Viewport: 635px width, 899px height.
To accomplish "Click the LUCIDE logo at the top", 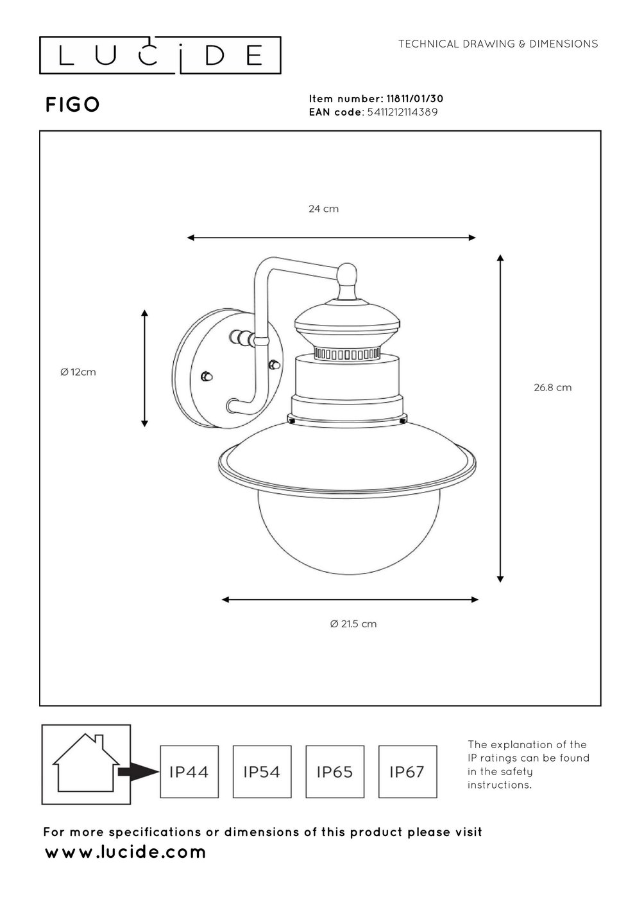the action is coord(160,55).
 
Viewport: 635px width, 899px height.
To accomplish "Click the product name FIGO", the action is coord(72,105).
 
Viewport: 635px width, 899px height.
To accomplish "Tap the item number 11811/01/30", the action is coord(414,99).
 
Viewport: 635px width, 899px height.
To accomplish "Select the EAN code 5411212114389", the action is coord(402,112).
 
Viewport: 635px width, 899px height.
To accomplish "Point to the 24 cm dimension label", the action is coord(323,209).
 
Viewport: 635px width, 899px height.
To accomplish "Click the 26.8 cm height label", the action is coord(552,387).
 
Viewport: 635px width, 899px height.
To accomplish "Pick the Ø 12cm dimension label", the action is coord(78,372).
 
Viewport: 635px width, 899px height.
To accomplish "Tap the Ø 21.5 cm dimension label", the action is coord(353,624).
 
